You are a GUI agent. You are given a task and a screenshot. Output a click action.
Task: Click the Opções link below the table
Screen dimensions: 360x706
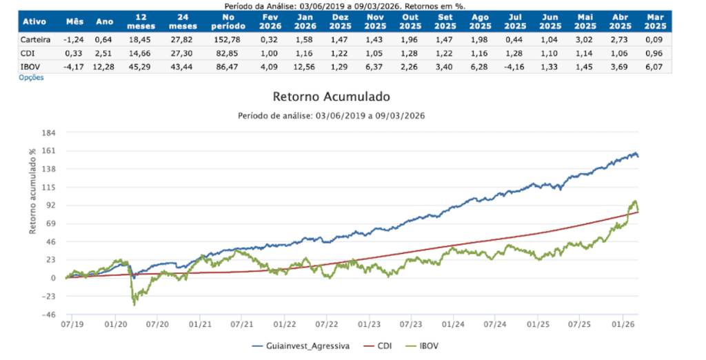(x=32, y=78)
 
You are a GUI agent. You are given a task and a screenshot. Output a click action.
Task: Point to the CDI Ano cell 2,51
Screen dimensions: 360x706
(x=102, y=53)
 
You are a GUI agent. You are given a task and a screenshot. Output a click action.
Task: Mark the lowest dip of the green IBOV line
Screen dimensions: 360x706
(x=134, y=305)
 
